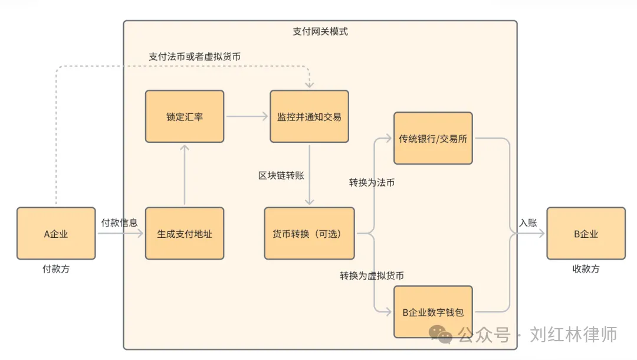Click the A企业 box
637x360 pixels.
coord(56,234)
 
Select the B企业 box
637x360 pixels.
coord(586,234)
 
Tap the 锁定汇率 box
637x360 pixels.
coord(185,116)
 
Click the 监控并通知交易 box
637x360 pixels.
coord(309,116)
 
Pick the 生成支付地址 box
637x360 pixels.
coord(185,234)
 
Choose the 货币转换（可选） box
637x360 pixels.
coord(309,234)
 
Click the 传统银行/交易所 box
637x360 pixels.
coord(433,139)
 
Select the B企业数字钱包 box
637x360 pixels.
coord(433,312)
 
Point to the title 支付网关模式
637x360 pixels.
coord(320,31)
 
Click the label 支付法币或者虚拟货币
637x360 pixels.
coord(195,56)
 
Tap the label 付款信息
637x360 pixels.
coord(120,222)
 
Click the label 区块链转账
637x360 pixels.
coord(281,175)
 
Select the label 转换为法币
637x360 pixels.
coord(372,183)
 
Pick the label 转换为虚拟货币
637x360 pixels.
coord(372,276)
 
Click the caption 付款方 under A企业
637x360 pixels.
coord(56,269)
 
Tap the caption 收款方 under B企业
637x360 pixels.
coord(586,269)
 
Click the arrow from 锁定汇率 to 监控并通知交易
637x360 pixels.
coord(247,116)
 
